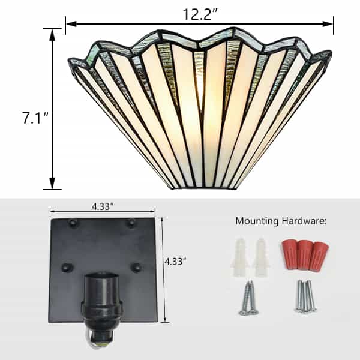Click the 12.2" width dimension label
(200, 14)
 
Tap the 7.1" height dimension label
(35, 118)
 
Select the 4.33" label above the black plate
(103, 206)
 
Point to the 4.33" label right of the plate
(175, 261)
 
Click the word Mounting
(257, 221)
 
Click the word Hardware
(304, 221)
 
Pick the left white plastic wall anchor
(240, 257)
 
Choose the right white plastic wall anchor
(261, 257)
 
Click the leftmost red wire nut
(290, 254)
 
